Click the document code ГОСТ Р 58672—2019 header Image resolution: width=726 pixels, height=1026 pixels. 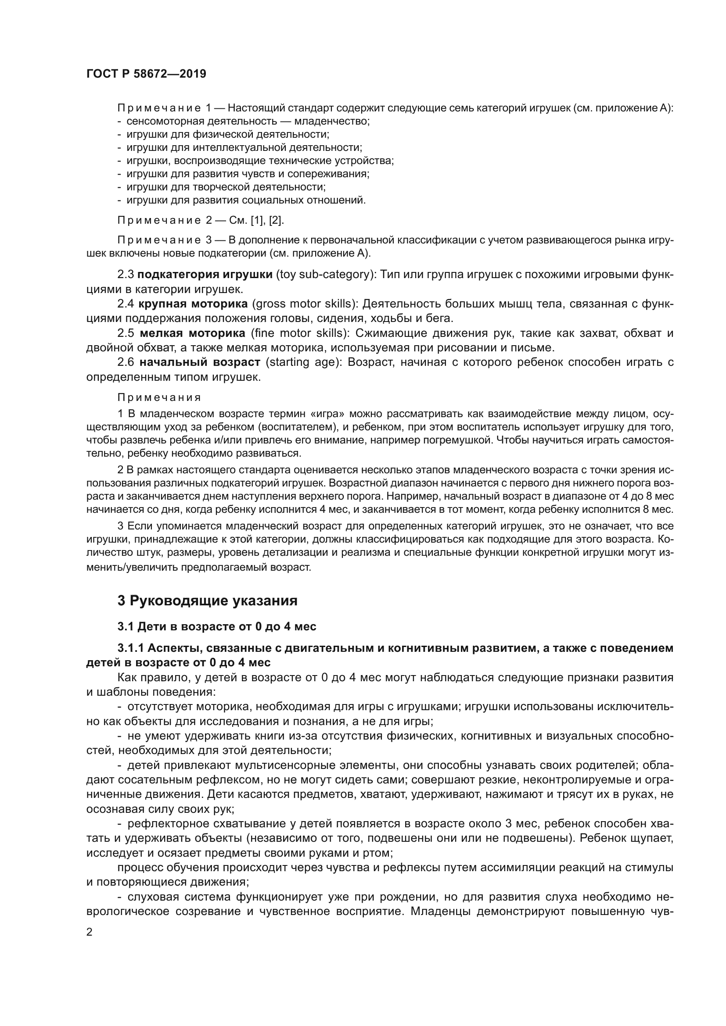tap(146, 74)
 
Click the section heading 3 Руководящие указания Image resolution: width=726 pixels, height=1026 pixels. tap(208, 601)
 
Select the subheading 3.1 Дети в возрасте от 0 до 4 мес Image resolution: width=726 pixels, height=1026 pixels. tap(217, 626)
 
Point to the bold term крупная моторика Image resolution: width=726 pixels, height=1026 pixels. tap(193, 304)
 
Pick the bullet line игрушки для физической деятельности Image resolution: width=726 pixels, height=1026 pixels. tap(227, 134)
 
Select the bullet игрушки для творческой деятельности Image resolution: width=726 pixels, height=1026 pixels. tap(226, 187)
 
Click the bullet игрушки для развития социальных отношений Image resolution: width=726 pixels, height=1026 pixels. tap(246, 200)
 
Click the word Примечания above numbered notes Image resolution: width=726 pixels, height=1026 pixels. tap(159, 397)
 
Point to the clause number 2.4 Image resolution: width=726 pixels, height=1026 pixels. tap(126, 304)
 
